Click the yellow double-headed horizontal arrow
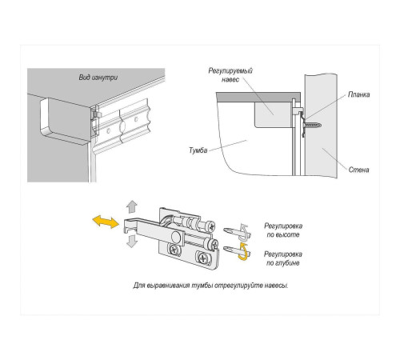tap(104, 222)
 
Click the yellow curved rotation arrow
tap(244, 253)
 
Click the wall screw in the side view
tap(314, 124)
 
